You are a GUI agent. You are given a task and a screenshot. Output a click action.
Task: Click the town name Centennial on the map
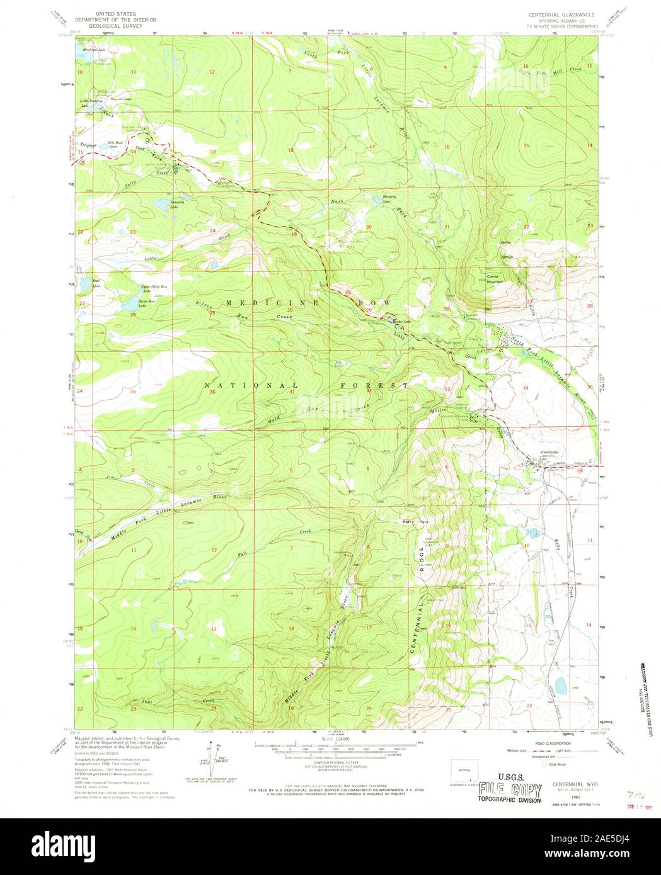coord(550,453)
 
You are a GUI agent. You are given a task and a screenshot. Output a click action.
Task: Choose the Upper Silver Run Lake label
coord(154,288)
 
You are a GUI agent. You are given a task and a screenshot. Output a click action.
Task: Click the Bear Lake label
coord(96,284)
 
